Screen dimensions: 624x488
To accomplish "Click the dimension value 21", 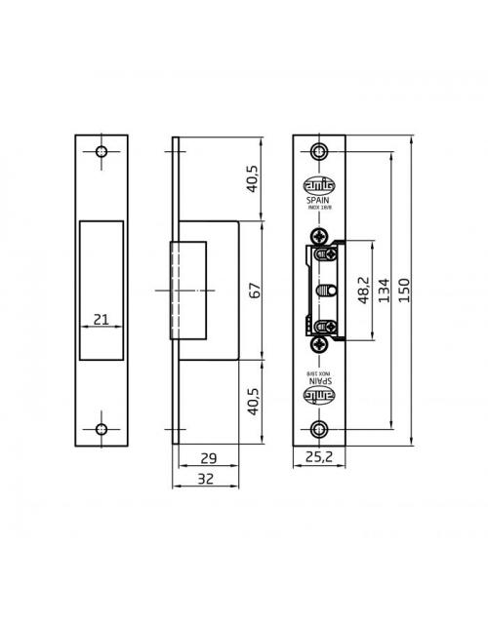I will coord(101,318).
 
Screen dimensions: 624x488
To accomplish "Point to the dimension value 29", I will coord(206,457).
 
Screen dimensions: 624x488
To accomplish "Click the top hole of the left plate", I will coord(101,152).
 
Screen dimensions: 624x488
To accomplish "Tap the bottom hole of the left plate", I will coord(101,430).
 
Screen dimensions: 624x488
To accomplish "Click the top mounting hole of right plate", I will coord(319,151).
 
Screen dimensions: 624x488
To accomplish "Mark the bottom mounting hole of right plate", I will coord(319,430).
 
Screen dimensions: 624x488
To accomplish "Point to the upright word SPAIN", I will coord(318,195).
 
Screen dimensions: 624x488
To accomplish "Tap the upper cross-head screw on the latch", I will coord(320,237).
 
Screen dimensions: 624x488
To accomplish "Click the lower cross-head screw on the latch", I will coord(320,343).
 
